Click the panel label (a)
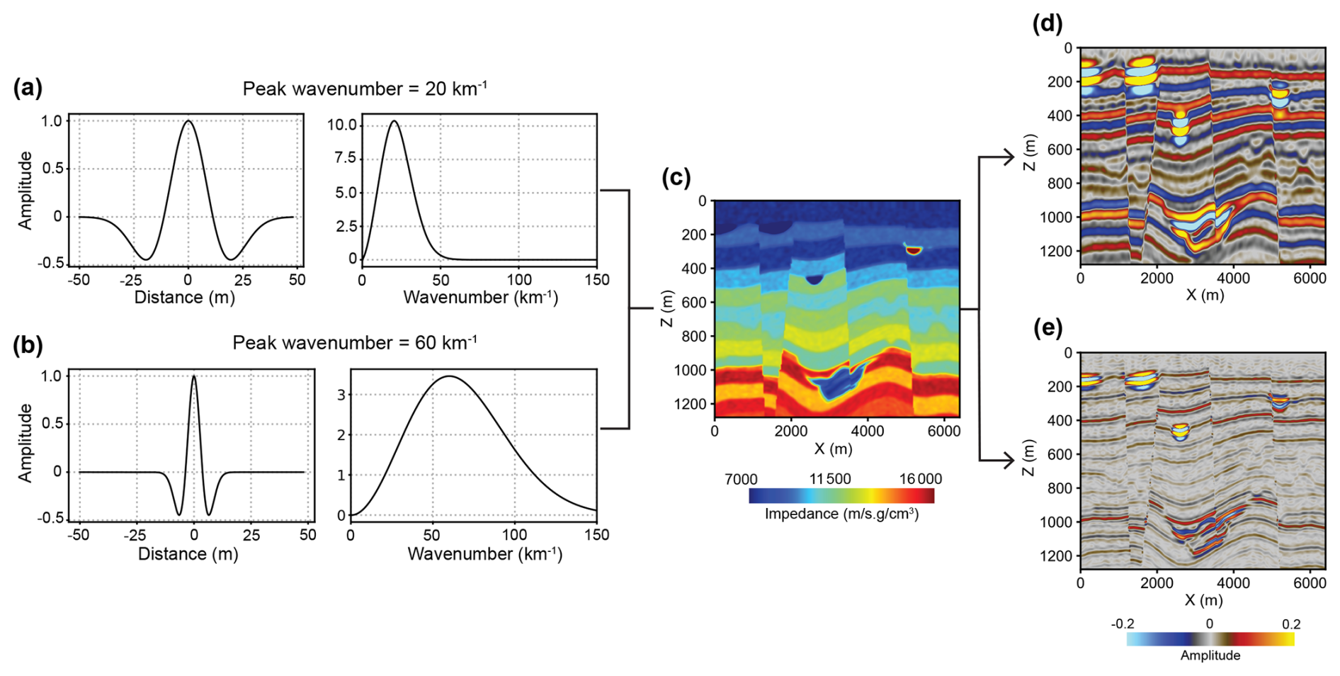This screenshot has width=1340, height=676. [x=28, y=88]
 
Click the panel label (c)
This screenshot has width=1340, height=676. [x=676, y=177]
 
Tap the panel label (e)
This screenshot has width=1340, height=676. [x=1048, y=327]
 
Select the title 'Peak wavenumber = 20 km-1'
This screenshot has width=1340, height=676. [x=364, y=89]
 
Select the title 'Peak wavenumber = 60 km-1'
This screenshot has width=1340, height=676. [x=354, y=343]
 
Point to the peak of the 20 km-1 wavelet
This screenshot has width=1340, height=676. [x=188, y=121]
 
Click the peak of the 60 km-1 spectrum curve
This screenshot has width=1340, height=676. [x=449, y=376]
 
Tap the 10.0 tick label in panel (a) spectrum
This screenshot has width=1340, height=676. [x=341, y=125]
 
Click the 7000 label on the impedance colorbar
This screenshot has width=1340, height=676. [x=741, y=479]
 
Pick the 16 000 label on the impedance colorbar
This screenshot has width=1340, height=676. [x=920, y=479]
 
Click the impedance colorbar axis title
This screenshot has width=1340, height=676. [x=841, y=514]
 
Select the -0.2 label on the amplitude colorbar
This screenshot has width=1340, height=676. [x=1123, y=624]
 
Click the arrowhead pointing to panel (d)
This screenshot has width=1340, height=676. [x=1009, y=157]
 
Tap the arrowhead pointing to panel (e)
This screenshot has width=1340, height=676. [x=1009, y=461]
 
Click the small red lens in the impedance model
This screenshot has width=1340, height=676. [x=914, y=249]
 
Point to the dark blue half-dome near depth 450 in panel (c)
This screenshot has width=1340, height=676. [x=814, y=280]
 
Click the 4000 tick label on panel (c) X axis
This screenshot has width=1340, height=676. [x=867, y=432]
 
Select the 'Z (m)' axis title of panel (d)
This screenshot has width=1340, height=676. [x=1029, y=153]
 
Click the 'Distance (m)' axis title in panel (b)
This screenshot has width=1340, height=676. [x=188, y=554]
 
